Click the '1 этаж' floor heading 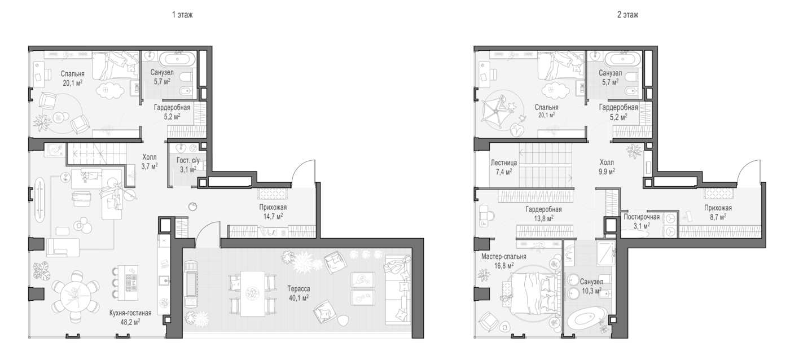[x=182, y=15]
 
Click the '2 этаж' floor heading [x=627, y=15]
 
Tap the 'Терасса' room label [x=299, y=289]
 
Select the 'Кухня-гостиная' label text [x=130, y=313]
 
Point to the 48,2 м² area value [x=130, y=322]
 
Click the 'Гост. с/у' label [x=188, y=160]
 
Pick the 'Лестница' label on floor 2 [x=503, y=163]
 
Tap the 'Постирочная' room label [x=642, y=217]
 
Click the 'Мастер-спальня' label [x=503, y=257]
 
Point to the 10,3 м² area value [x=591, y=291]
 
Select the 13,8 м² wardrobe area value [x=543, y=218]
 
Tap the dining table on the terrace [x=253, y=293]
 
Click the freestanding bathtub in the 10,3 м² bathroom [x=586, y=318]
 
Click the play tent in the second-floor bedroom [x=496, y=111]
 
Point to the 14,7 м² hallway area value [x=273, y=216]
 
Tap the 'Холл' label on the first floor [x=150, y=157]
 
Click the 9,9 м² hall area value [x=607, y=172]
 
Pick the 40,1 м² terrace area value [x=299, y=298]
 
